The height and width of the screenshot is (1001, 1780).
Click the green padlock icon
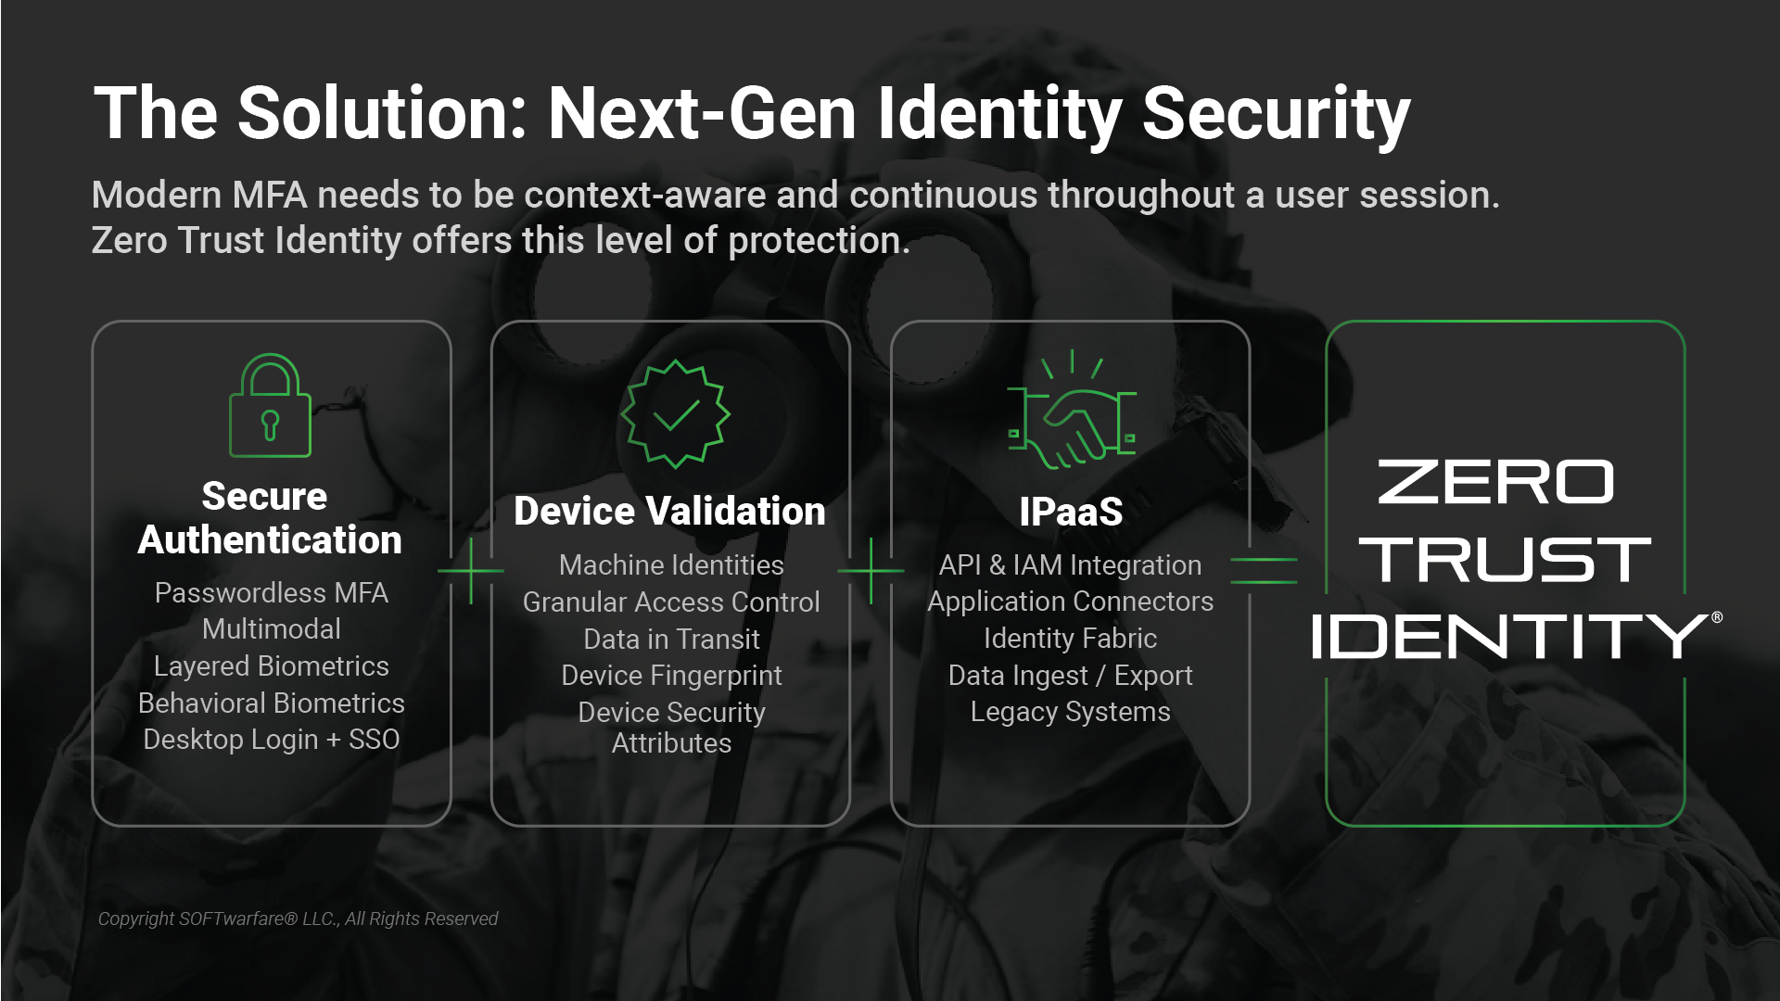click(270, 406)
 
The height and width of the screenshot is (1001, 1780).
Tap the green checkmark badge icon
click(676, 414)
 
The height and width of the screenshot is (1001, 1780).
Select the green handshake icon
click(1073, 410)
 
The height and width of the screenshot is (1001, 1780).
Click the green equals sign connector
click(1264, 570)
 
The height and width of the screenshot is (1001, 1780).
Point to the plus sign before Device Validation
click(471, 571)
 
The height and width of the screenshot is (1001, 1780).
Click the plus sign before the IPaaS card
click(871, 571)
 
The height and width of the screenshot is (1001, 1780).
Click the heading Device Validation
click(669, 511)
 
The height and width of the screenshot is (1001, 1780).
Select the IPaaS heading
click(1071, 512)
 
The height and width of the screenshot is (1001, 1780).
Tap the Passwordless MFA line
click(272, 592)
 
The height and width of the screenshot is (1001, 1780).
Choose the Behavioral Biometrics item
click(272, 703)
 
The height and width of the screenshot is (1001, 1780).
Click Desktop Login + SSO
click(272, 740)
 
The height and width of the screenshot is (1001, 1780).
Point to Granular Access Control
click(671, 602)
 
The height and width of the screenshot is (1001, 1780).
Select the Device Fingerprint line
click(671, 676)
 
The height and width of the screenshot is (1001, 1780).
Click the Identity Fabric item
click(1070, 638)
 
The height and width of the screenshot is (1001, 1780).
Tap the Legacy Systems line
click(1070, 712)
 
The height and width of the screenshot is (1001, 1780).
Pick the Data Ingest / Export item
click(1070, 676)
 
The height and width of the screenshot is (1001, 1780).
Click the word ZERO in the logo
click(1495, 482)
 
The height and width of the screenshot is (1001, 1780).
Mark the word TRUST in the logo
click(1505, 559)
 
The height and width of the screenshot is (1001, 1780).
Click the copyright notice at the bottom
click(298, 919)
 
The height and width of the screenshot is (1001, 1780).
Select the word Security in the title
click(1277, 114)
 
